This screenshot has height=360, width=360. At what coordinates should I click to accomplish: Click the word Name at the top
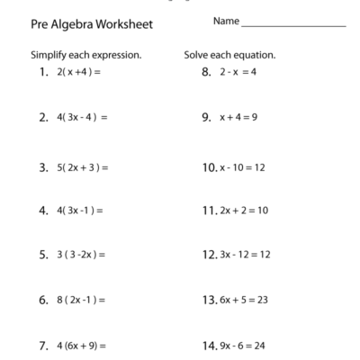(227, 20)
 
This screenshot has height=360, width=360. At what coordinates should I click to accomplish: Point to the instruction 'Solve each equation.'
(229, 55)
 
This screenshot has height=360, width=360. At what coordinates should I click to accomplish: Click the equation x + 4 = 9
(238, 118)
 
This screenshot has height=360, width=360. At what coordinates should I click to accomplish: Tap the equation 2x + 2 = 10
(243, 211)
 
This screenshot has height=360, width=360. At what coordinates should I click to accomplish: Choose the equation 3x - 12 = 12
(245, 255)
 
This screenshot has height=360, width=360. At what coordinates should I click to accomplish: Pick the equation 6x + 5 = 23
(243, 300)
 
